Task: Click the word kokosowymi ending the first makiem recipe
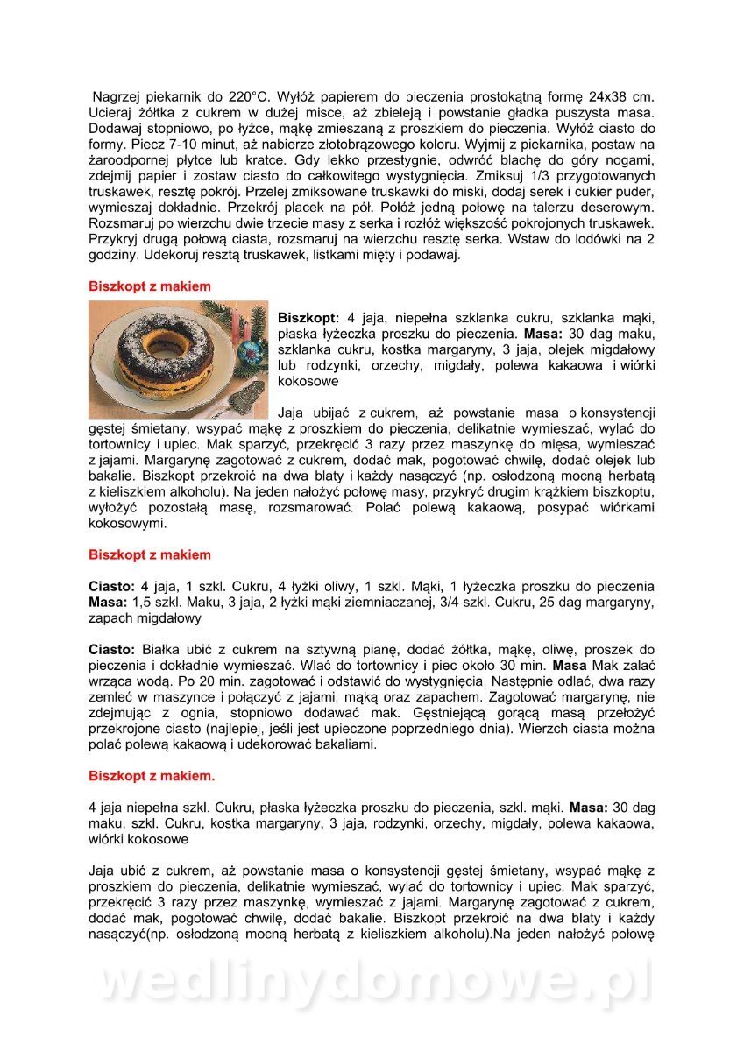127,524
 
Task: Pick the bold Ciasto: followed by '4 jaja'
112,586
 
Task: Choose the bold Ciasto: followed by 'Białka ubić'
112,650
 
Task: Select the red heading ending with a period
152,776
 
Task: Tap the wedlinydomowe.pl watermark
372,984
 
